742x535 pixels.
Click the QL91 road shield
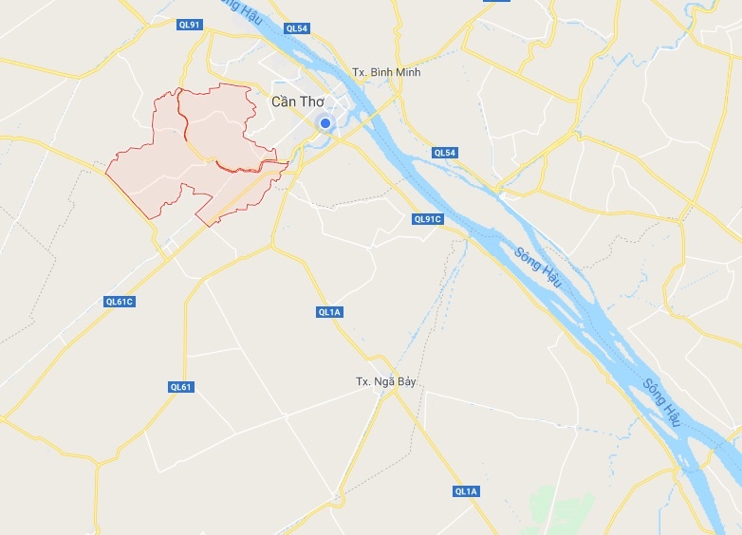190,25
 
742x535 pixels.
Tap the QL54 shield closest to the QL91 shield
297,28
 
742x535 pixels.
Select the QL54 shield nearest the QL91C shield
444,153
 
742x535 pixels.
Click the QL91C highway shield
428,219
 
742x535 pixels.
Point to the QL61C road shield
120,302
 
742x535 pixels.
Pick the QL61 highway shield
180,386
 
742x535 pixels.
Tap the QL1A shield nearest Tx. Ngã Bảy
330,311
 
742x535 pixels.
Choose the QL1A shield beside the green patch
467,490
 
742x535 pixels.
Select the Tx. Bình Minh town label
386,73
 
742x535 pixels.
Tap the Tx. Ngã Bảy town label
386,381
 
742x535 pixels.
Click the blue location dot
325,123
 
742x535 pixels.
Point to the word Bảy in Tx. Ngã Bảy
406,382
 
